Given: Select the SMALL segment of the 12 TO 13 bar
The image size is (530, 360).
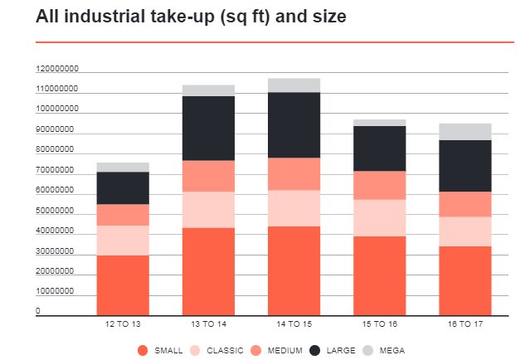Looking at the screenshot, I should (x=123, y=285).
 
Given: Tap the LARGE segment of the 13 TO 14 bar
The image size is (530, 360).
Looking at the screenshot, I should (x=208, y=129).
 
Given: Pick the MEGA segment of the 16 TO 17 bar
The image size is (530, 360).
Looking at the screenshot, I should (x=465, y=132).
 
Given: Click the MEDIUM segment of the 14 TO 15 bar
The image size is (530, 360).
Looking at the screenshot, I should (x=294, y=174).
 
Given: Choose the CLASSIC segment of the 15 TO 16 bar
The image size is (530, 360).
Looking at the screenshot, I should (x=379, y=218).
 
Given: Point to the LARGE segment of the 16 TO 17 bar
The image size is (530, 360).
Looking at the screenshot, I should (x=465, y=166).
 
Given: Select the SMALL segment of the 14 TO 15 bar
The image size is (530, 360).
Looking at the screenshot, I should (x=294, y=271).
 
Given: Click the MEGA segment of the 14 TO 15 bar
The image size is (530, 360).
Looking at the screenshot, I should (x=294, y=85).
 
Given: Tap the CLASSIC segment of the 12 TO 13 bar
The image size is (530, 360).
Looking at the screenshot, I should (x=123, y=241).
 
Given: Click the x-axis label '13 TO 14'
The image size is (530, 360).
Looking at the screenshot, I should (x=208, y=324).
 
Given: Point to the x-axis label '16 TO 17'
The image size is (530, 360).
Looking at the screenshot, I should (x=465, y=324).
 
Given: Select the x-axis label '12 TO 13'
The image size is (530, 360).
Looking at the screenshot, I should (x=123, y=324).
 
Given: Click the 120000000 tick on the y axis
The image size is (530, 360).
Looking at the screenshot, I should (x=56, y=69).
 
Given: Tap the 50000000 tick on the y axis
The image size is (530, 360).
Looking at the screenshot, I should (x=56, y=212).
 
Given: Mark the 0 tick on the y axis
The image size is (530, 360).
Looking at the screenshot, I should (x=38, y=312).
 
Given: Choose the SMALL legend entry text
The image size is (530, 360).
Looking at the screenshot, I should (x=168, y=350).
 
